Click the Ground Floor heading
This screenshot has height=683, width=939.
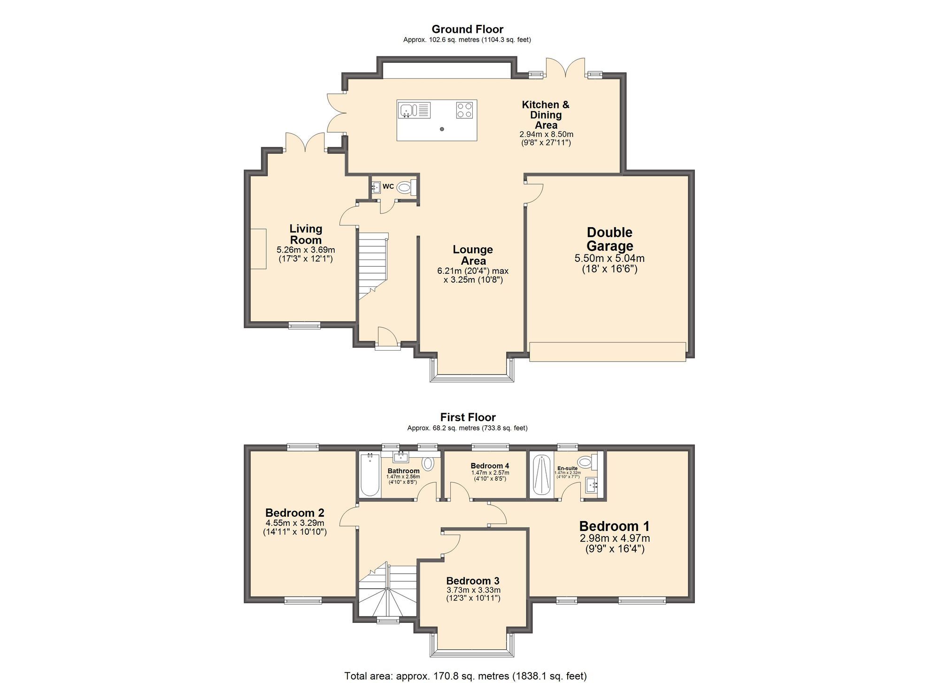467,29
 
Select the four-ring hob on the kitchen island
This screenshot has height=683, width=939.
464,110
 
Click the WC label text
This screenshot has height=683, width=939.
388,186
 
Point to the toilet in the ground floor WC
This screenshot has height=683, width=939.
405,188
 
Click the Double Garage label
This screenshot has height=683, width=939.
609,239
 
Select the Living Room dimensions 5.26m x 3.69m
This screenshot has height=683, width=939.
306,250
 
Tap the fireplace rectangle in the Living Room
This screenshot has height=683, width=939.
258,249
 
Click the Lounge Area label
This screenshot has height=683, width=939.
473,255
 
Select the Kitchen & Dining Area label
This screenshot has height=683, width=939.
546,115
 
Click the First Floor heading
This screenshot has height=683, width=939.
468,417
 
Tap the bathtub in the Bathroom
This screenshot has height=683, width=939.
370,474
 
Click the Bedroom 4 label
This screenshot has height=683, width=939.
490,466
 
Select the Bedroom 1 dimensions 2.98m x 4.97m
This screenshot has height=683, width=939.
614,538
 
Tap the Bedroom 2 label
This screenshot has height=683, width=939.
294,513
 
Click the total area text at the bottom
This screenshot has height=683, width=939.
465,676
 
